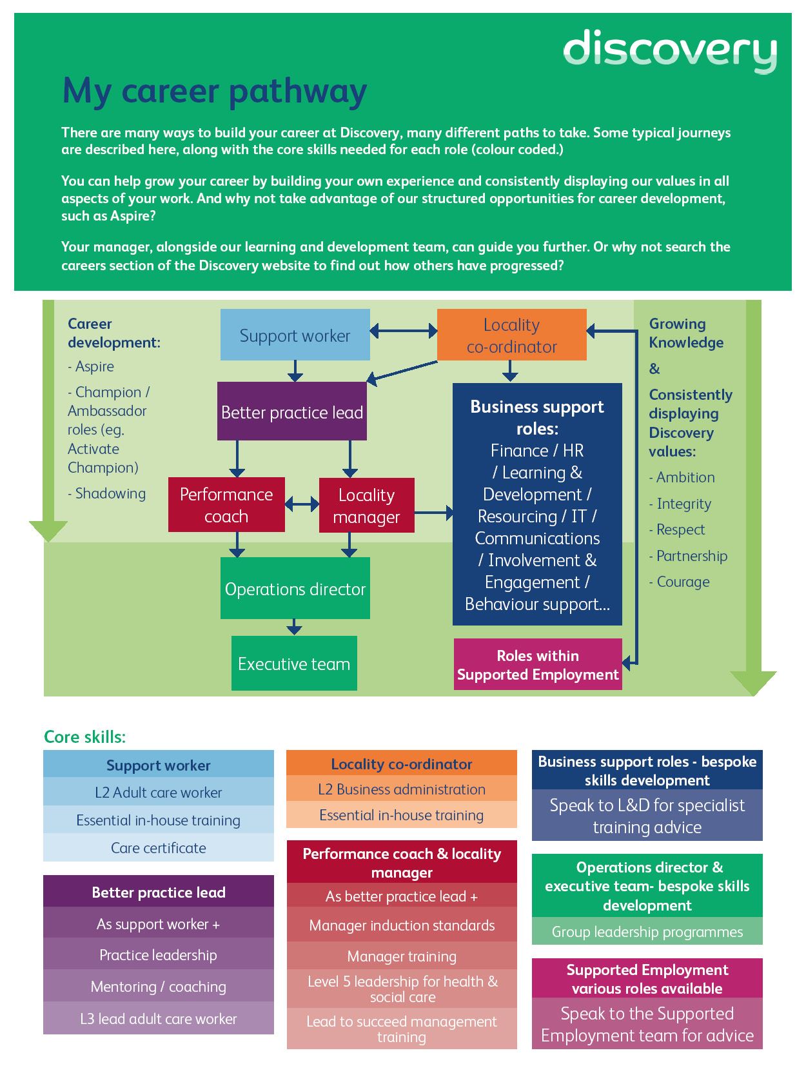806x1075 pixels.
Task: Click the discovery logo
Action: pyautogui.click(x=669, y=50)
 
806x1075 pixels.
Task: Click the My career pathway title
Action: pyautogui.click(x=214, y=91)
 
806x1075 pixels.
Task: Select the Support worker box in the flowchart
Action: pyautogui.click(x=295, y=335)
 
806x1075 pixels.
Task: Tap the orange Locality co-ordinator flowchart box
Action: pyautogui.click(x=511, y=335)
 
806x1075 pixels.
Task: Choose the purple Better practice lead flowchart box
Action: pyautogui.click(x=291, y=412)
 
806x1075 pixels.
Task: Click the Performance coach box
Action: pyautogui.click(x=226, y=505)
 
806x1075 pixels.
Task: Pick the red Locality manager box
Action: pyautogui.click(x=366, y=506)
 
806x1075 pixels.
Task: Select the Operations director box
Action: pyautogui.click(x=295, y=589)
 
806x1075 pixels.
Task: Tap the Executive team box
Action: pyautogui.click(x=294, y=664)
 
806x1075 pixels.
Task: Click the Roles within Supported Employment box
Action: pyautogui.click(x=537, y=665)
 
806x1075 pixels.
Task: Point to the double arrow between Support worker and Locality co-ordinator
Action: pyautogui.click(x=404, y=331)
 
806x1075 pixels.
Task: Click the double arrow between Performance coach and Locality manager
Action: pyautogui.click(x=302, y=504)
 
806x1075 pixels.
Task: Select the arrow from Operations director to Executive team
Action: pyautogui.click(x=294, y=627)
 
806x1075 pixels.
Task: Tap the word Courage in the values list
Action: pyautogui.click(x=682, y=582)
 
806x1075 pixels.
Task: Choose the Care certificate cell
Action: pyautogui.click(x=158, y=848)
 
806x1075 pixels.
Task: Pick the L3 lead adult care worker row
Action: pyautogui.click(x=158, y=1019)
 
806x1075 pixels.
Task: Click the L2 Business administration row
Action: pyautogui.click(x=401, y=789)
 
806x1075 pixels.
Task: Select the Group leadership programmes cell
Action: pyautogui.click(x=647, y=932)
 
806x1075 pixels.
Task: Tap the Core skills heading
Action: pyautogui.click(x=84, y=736)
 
